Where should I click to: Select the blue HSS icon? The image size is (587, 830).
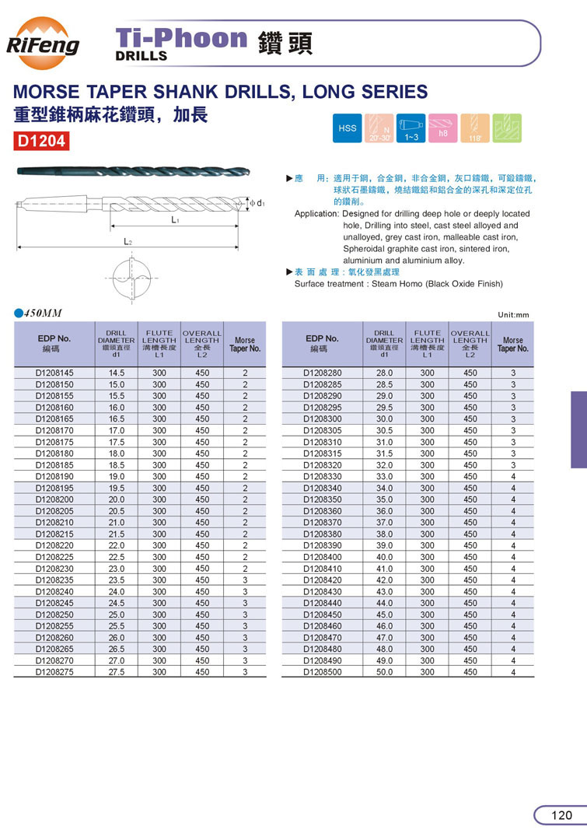347,128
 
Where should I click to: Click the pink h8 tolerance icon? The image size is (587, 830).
443,128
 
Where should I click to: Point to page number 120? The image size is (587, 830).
561,815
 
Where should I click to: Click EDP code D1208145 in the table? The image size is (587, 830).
55,373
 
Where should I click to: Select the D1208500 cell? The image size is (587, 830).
322,671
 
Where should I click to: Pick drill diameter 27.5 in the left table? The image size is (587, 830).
117,671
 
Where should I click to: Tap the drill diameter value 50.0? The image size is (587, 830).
384,671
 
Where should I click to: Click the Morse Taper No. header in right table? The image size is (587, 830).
513,345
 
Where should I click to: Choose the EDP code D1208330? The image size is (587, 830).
322,477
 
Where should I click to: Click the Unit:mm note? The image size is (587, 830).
513,315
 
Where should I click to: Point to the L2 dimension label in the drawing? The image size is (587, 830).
128,242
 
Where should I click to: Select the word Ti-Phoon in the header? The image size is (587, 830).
180,38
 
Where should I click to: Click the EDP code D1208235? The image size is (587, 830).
55,580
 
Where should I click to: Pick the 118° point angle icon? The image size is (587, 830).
474,128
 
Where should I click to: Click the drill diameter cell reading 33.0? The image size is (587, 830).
384,477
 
